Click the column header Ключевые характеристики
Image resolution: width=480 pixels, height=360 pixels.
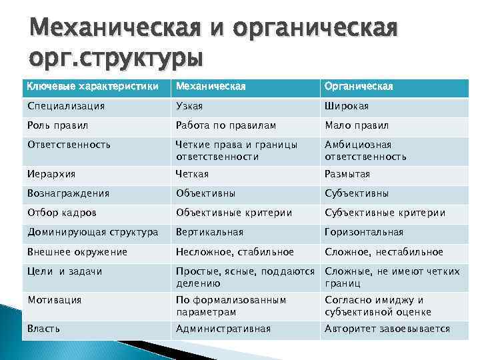click(93, 87)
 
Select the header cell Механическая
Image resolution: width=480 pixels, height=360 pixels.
click(211, 87)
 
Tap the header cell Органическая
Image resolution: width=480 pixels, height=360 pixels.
click(359, 87)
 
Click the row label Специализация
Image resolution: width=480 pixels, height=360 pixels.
click(66, 106)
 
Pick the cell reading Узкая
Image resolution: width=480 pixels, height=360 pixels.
click(189, 106)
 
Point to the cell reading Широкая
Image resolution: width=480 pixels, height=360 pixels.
click(347, 106)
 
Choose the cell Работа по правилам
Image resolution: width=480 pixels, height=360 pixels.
click(225, 125)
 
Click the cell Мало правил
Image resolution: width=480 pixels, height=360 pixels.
click(357, 125)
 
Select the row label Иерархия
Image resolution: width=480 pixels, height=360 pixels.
click(52, 174)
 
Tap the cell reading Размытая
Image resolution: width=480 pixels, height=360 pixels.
click(347, 174)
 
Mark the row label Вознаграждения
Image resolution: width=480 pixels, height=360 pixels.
click(68, 193)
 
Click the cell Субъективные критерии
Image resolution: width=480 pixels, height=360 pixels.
click(385, 213)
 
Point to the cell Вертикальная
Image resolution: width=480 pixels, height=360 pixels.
click(209, 232)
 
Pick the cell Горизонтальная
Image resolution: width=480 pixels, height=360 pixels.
click(364, 232)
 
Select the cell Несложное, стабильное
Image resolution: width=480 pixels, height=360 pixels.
click(235, 251)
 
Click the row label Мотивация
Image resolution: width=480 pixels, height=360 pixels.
click(54, 300)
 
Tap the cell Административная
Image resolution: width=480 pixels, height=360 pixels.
click(223, 329)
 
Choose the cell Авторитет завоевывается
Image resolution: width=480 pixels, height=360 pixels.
click(387, 329)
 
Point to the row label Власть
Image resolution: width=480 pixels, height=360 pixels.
click(44, 329)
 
